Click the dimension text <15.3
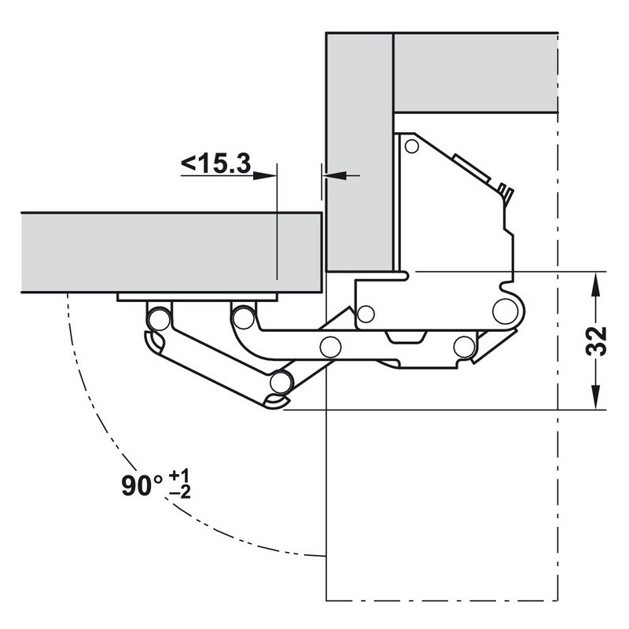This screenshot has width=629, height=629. [215, 164]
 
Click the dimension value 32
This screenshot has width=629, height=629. [597, 341]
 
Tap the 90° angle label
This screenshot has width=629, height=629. [142, 485]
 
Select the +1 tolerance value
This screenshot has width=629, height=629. [180, 476]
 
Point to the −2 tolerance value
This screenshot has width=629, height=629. [180, 492]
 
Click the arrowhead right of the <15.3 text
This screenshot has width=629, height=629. [265, 175]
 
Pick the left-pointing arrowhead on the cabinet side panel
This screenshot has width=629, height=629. [336, 175]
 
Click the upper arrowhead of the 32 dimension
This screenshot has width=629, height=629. [597, 285]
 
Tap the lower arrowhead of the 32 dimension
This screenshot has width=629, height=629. [597, 397]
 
